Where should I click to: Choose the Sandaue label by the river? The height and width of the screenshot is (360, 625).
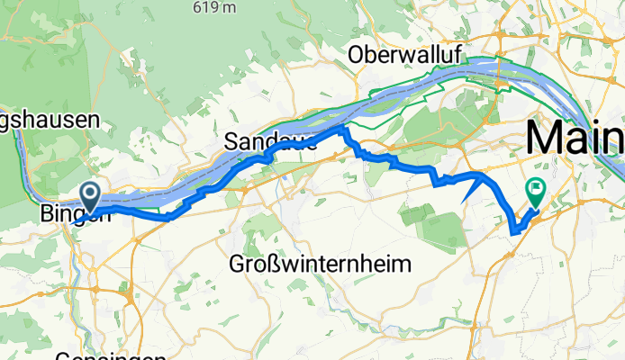[x=269, y=141]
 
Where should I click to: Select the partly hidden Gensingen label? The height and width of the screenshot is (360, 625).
[x=98, y=355]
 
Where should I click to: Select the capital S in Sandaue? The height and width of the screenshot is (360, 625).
[x=232, y=141]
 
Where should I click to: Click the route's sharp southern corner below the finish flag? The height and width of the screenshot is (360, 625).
[x=513, y=233]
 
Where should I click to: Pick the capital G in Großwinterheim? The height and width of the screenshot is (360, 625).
[x=239, y=265]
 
